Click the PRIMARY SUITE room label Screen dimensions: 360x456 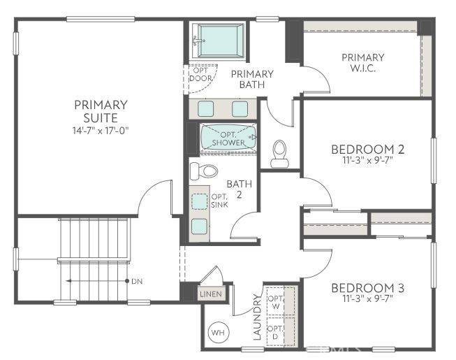click(x=101, y=111)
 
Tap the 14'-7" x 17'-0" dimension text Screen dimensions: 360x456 click(x=101, y=131)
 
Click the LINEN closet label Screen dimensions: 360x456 click(x=211, y=294)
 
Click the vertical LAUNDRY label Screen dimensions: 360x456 click(x=256, y=321)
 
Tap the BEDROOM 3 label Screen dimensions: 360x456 click(x=368, y=288)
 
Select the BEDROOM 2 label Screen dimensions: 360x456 click(x=368, y=149)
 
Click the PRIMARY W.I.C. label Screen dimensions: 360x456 click(x=362, y=62)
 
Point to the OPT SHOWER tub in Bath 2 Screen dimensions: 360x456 click(x=228, y=138)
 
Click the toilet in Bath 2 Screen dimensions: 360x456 click(x=204, y=171)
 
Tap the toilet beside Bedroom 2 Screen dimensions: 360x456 click(x=279, y=153)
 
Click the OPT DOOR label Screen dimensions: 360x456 click(x=201, y=73)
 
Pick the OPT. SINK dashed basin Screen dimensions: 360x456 click(x=200, y=201)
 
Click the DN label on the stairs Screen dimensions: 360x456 click(x=136, y=281)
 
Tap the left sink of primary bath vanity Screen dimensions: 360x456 click(x=207, y=108)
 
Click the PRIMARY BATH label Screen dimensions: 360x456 click(x=252, y=79)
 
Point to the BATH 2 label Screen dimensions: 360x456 click(x=235, y=189)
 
